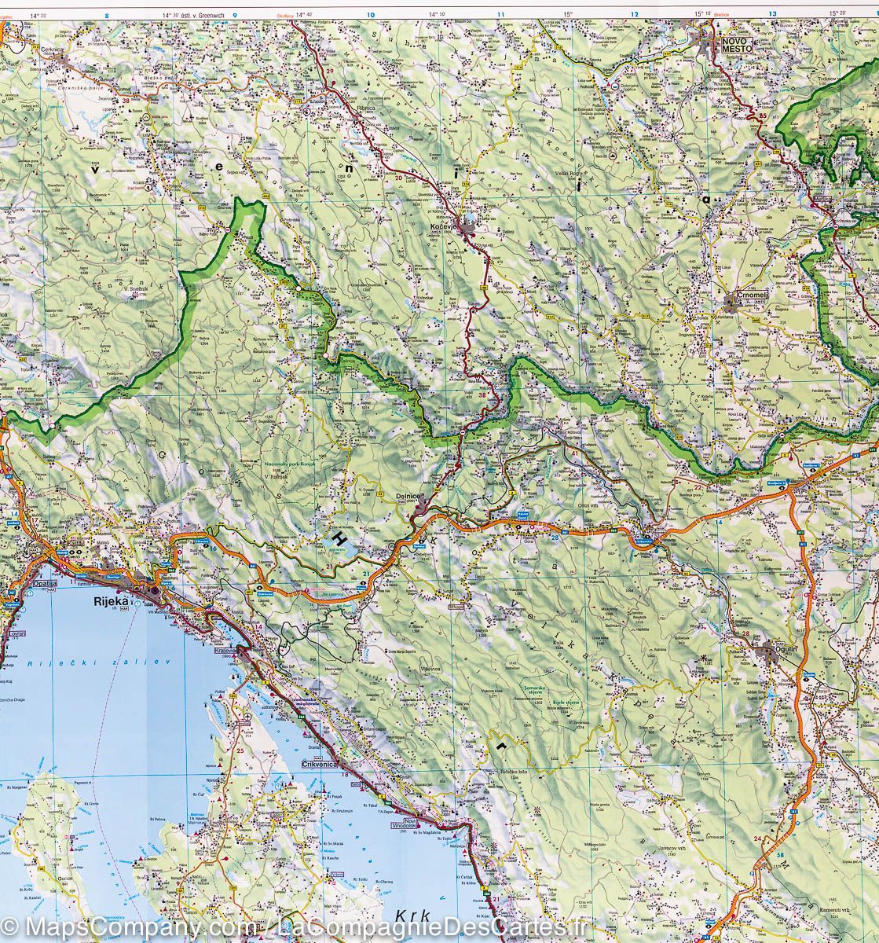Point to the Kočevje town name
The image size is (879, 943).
pyautogui.click(x=446, y=227)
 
